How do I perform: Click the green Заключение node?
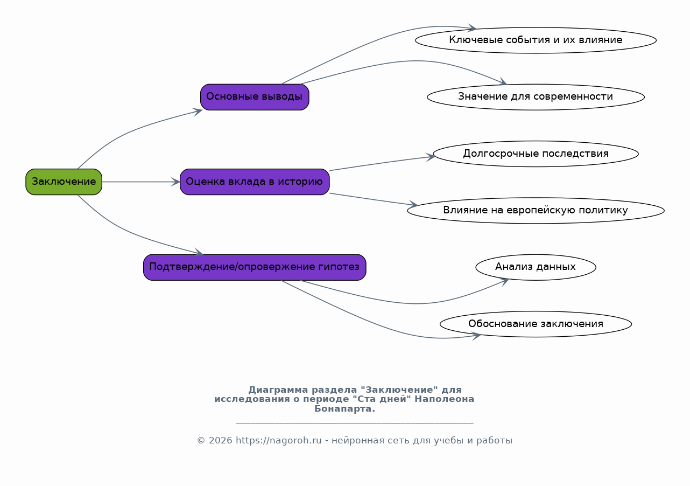click(64, 182)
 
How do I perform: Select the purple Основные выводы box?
click(255, 97)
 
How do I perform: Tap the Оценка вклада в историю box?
click(255, 182)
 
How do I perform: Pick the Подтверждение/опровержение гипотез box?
click(255, 267)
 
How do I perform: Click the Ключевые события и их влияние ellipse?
click(536, 40)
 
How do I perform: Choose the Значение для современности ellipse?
click(536, 97)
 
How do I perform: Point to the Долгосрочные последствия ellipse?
click(536, 154)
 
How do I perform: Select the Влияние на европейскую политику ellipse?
click(536, 210)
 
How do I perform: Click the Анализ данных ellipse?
click(536, 267)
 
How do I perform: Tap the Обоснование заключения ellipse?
click(536, 324)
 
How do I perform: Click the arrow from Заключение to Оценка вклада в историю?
click(141, 182)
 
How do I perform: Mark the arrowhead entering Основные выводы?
click(198, 112)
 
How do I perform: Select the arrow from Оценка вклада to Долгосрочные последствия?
click(382, 163)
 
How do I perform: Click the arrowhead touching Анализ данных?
click(504, 282)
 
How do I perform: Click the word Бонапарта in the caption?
click(344, 408)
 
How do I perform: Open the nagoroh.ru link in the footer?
click(278, 440)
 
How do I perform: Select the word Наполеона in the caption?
click(444, 399)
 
